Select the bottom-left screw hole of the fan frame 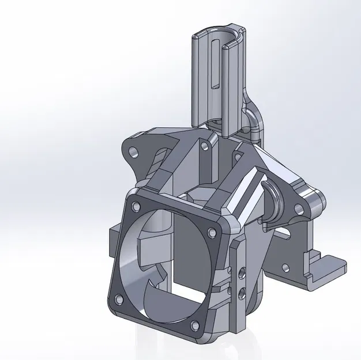coord(119,299)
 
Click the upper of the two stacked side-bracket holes coord(242,270)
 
